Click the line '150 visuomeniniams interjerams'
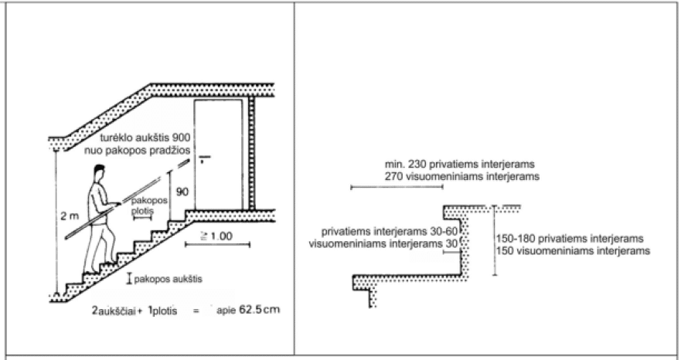572,252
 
